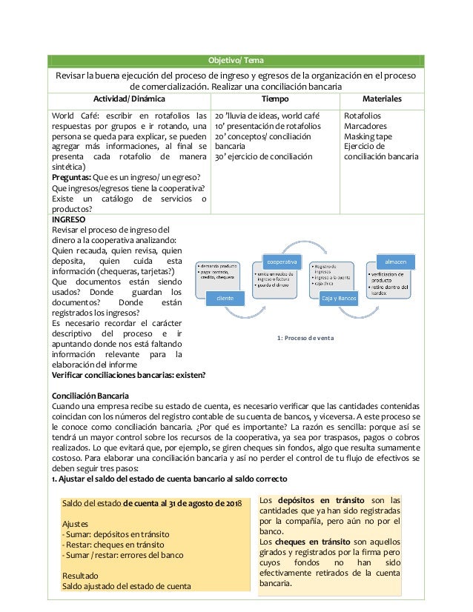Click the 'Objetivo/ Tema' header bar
[x=236, y=61]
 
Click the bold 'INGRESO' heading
[x=68, y=220]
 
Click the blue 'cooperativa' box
[x=282, y=262]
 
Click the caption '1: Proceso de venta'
[x=305, y=338]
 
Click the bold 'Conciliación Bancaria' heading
[x=88, y=396]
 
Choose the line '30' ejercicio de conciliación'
[x=263, y=157]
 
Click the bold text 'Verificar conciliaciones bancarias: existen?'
[x=128, y=375]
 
